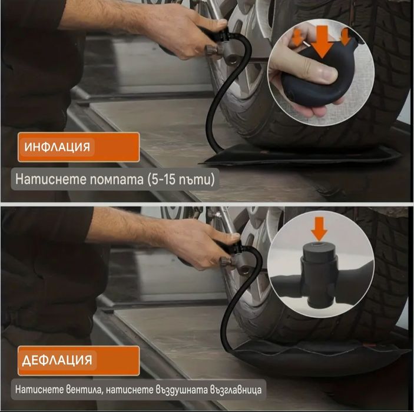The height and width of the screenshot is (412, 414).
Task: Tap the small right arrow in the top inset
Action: (x=345, y=36)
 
